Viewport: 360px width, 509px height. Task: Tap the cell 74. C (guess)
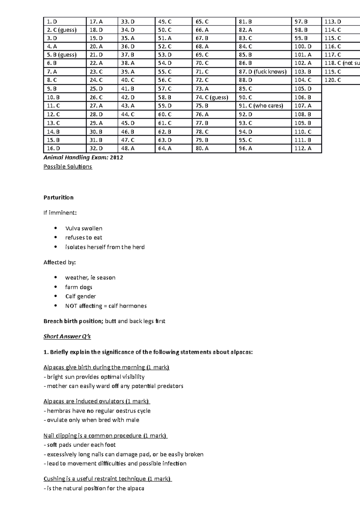point(214,97)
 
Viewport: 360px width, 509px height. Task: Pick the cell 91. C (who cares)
point(263,106)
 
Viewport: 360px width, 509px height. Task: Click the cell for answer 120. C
point(340,80)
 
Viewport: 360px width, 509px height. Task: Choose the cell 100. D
point(306,46)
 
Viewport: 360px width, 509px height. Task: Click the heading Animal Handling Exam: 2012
point(83,158)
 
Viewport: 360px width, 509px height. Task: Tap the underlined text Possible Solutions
point(67,167)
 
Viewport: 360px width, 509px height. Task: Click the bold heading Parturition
point(58,198)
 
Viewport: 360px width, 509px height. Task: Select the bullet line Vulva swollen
point(84,228)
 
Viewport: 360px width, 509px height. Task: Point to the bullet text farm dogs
point(79,287)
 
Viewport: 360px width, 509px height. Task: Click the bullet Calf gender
point(80,296)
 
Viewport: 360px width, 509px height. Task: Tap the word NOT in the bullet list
point(71,306)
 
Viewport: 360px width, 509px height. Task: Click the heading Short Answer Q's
point(67,337)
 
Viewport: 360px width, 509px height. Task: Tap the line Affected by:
point(60,263)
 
